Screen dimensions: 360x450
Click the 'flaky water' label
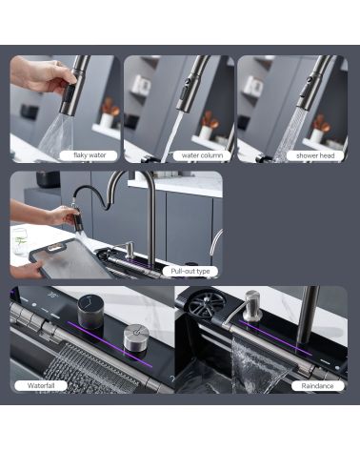[89, 155]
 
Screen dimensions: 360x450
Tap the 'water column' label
[202, 155]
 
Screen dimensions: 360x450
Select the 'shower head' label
[315, 155]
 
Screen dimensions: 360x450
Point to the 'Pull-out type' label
[190, 271]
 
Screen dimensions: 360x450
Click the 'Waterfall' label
[41, 386]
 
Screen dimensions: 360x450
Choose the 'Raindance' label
[317, 386]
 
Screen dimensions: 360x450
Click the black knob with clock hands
[90, 311]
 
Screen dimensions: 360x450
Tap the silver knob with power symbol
[136, 337]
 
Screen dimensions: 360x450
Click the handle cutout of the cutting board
[55, 247]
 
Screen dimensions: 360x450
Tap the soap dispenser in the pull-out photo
[129, 250]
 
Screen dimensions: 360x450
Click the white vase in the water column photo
[206, 132]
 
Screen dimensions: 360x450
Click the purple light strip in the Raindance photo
[275, 337]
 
